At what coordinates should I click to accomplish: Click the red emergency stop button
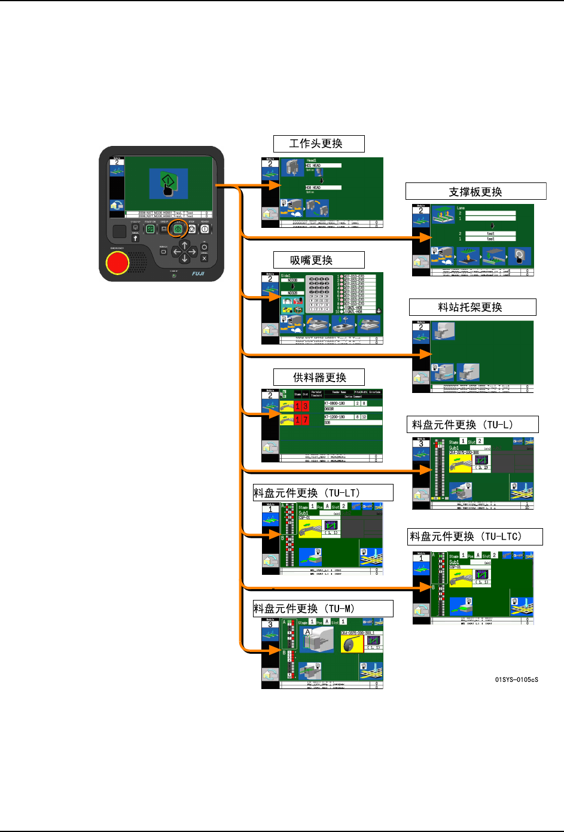pos(117,263)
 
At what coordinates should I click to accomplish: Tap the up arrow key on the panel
pos(185,245)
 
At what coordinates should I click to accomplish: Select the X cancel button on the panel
pos(204,258)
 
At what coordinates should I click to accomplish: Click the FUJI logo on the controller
pos(198,273)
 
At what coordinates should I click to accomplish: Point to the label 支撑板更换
pos(475,191)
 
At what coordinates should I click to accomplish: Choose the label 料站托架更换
pos(472,307)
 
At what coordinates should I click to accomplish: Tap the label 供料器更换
pos(319,377)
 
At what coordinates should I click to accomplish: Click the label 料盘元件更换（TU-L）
pos(472,425)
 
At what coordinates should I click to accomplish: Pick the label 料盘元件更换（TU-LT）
pos(323,493)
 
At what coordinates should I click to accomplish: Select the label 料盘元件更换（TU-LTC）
pos(474,537)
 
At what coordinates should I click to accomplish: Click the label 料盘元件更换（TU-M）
pos(323,608)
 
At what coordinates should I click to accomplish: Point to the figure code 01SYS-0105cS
pos(516,679)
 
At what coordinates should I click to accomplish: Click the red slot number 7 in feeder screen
pos(305,420)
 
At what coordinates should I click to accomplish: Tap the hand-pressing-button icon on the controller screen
pos(169,184)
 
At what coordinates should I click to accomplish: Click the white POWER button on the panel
pos(205,229)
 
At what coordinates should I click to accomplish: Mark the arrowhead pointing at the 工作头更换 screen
pos(275,185)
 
